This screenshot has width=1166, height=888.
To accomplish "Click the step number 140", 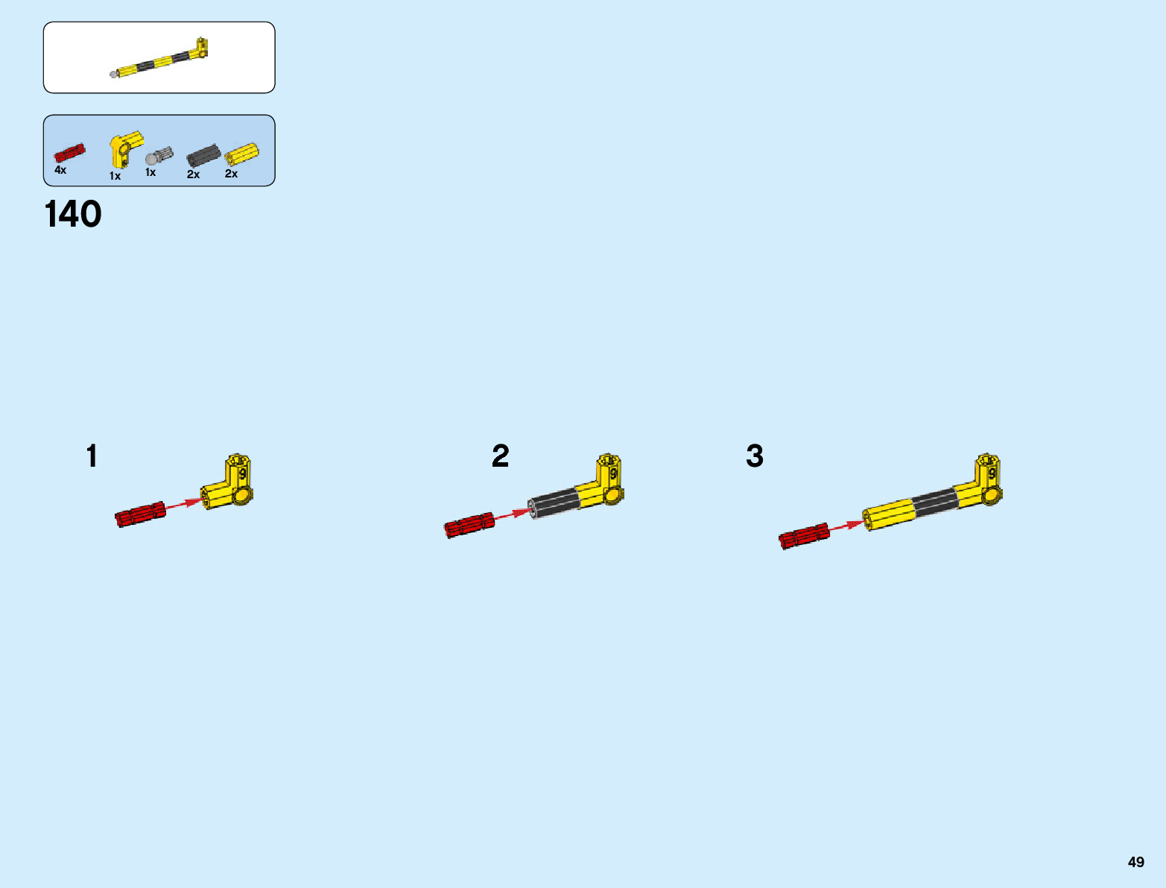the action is click(73, 215).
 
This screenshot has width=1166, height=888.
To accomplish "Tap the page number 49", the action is click(1135, 862).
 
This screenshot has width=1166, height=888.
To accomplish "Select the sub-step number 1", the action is click(92, 456).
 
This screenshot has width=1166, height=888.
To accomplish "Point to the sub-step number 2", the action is click(500, 456).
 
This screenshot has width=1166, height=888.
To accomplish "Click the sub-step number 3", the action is click(755, 456).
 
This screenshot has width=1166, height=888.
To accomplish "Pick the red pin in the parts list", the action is click(69, 154).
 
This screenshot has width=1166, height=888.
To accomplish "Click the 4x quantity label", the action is click(60, 171).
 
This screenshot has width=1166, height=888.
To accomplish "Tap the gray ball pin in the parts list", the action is click(158, 157).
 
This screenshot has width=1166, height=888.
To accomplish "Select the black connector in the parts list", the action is click(203, 156).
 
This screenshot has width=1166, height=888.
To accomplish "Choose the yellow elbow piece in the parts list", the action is click(124, 148).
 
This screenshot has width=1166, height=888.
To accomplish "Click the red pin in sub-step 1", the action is click(140, 514).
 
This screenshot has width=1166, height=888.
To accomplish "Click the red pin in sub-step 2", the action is click(469, 525).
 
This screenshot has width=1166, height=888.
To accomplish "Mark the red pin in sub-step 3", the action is click(804, 535).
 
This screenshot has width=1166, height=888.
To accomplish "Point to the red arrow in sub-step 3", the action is click(846, 526).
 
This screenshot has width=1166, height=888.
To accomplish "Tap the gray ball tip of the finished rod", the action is click(114, 75).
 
